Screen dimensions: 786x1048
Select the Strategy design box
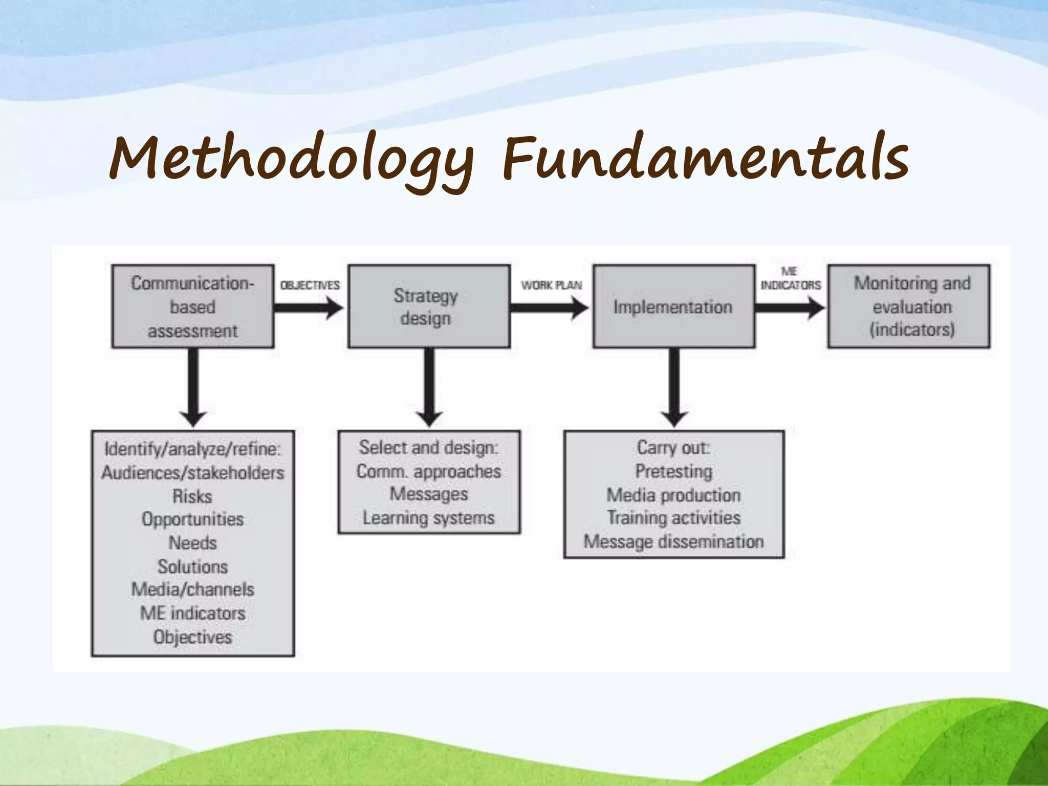pyautogui.click(x=429, y=306)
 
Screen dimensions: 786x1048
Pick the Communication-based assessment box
pyautogui.click(x=193, y=307)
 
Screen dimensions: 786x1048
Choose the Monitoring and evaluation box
pyautogui.click(x=909, y=306)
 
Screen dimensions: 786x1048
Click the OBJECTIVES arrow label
pyautogui.click(x=310, y=285)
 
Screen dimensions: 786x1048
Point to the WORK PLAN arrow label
pyautogui.click(x=551, y=285)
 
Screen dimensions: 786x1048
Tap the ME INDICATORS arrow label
pyautogui.click(x=791, y=279)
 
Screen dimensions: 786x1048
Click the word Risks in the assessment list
pyautogui.click(x=192, y=496)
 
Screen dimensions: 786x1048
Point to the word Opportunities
pyautogui.click(x=193, y=519)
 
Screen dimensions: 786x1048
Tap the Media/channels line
pyautogui.click(x=193, y=589)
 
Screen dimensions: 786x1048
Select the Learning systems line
pyautogui.click(x=429, y=518)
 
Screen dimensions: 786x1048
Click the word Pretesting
pyautogui.click(x=673, y=471)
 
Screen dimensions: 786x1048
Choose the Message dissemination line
pyautogui.click(x=673, y=541)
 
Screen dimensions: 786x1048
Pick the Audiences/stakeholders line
pyautogui.click(x=193, y=473)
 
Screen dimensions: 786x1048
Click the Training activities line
pyautogui.click(x=673, y=518)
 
